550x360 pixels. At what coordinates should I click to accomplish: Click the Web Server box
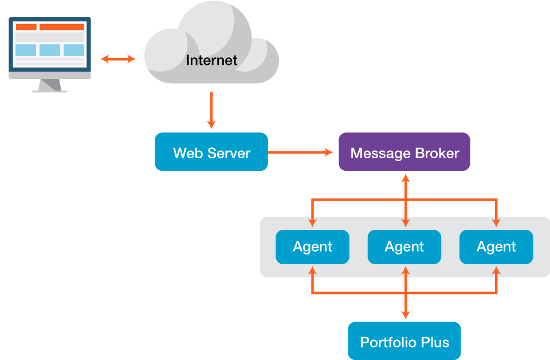click(211, 152)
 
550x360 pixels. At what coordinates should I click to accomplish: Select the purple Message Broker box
click(404, 152)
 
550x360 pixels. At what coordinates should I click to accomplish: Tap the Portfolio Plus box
click(404, 342)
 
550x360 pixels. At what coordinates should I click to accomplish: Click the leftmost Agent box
click(312, 247)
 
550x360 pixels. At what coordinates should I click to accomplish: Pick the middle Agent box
click(404, 247)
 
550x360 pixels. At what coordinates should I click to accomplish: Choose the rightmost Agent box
click(496, 247)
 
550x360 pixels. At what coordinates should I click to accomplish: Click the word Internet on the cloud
click(211, 60)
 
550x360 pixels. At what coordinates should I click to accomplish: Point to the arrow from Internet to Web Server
click(211, 110)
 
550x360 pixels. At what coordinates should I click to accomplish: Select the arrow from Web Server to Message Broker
click(300, 152)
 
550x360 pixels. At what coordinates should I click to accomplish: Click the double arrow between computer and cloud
click(118, 58)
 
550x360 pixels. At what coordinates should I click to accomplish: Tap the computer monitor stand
click(50, 86)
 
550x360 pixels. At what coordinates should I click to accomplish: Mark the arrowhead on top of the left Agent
click(312, 221)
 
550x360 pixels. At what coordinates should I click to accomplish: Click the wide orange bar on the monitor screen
click(61, 27)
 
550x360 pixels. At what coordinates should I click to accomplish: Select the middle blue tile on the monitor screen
click(50, 50)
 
